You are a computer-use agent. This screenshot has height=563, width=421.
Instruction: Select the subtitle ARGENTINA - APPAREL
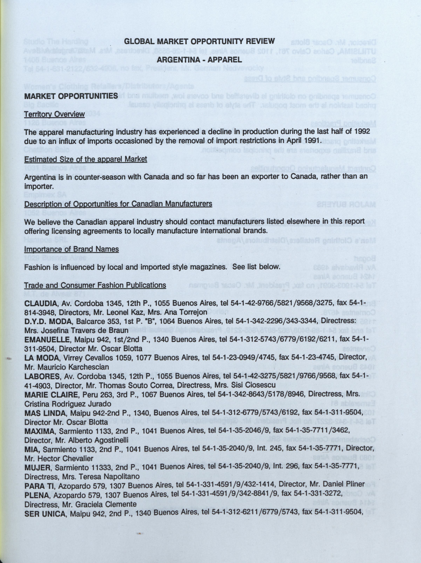click(x=199, y=60)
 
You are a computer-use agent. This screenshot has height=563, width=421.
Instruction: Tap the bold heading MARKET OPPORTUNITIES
click(x=71, y=96)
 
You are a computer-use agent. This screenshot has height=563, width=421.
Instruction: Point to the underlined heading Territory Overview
click(x=54, y=114)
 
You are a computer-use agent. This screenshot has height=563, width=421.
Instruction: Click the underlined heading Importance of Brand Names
click(x=71, y=249)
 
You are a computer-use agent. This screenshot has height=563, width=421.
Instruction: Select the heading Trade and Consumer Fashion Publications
click(x=95, y=285)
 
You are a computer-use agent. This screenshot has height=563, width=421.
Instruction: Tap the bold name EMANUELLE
click(x=47, y=340)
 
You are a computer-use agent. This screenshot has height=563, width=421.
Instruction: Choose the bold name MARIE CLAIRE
click(x=51, y=394)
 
